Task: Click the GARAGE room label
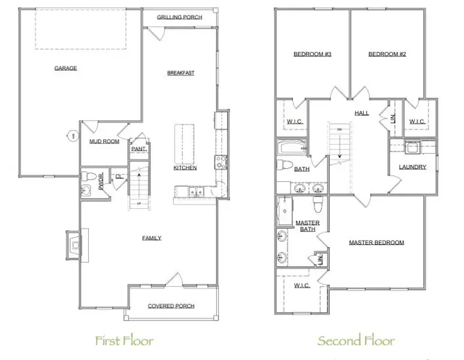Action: pyautogui.click(x=65, y=68)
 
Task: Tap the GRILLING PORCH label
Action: pyautogui.click(x=179, y=17)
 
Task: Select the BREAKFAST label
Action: pyautogui.click(x=181, y=73)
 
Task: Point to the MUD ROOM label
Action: pyautogui.click(x=104, y=142)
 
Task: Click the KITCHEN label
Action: pyautogui.click(x=185, y=168)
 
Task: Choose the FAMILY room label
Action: pyautogui.click(x=151, y=238)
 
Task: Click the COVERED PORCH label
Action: pyautogui.click(x=171, y=306)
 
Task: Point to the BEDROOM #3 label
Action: pyautogui.click(x=313, y=55)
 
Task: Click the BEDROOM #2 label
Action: pyautogui.click(x=387, y=55)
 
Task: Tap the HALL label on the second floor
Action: pyautogui.click(x=361, y=113)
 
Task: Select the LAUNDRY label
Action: pyautogui.click(x=412, y=167)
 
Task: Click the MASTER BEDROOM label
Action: pyautogui.click(x=376, y=243)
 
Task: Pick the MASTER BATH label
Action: pyautogui.click(x=307, y=226)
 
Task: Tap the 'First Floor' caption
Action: pyautogui.click(x=124, y=341)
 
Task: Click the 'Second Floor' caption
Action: pyautogui.click(x=356, y=341)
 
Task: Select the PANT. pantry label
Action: pyautogui.click(x=139, y=149)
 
